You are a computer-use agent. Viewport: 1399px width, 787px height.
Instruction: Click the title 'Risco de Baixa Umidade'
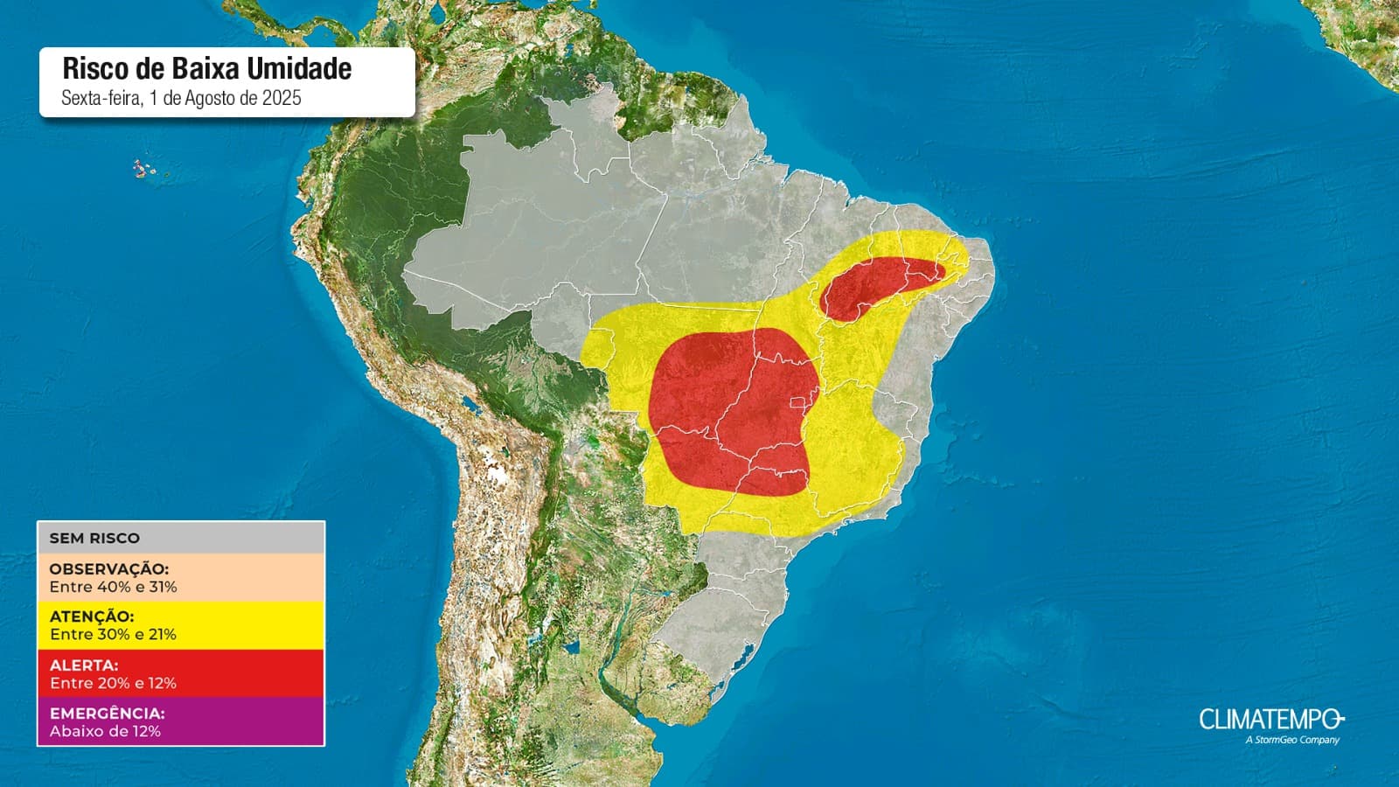click(x=207, y=69)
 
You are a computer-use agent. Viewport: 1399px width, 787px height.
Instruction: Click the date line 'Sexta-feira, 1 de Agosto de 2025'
click(x=181, y=98)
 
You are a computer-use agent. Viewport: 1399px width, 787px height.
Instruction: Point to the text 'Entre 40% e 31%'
click(x=113, y=587)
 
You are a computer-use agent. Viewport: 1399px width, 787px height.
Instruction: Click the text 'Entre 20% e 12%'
click(x=113, y=683)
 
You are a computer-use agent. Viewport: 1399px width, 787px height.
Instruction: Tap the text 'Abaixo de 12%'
click(x=105, y=731)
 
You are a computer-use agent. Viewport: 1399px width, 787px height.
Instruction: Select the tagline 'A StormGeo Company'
click(x=1291, y=740)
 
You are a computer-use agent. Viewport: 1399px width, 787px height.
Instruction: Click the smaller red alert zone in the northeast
click(x=874, y=284)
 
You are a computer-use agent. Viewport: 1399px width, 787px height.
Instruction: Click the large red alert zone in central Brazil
click(x=734, y=407)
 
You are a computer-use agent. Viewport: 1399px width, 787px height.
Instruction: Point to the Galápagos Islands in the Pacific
click(x=143, y=168)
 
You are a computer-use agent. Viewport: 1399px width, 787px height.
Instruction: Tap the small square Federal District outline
click(x=797, y=403)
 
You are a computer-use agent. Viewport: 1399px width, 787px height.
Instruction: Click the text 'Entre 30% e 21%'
click(x=113, y=635)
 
